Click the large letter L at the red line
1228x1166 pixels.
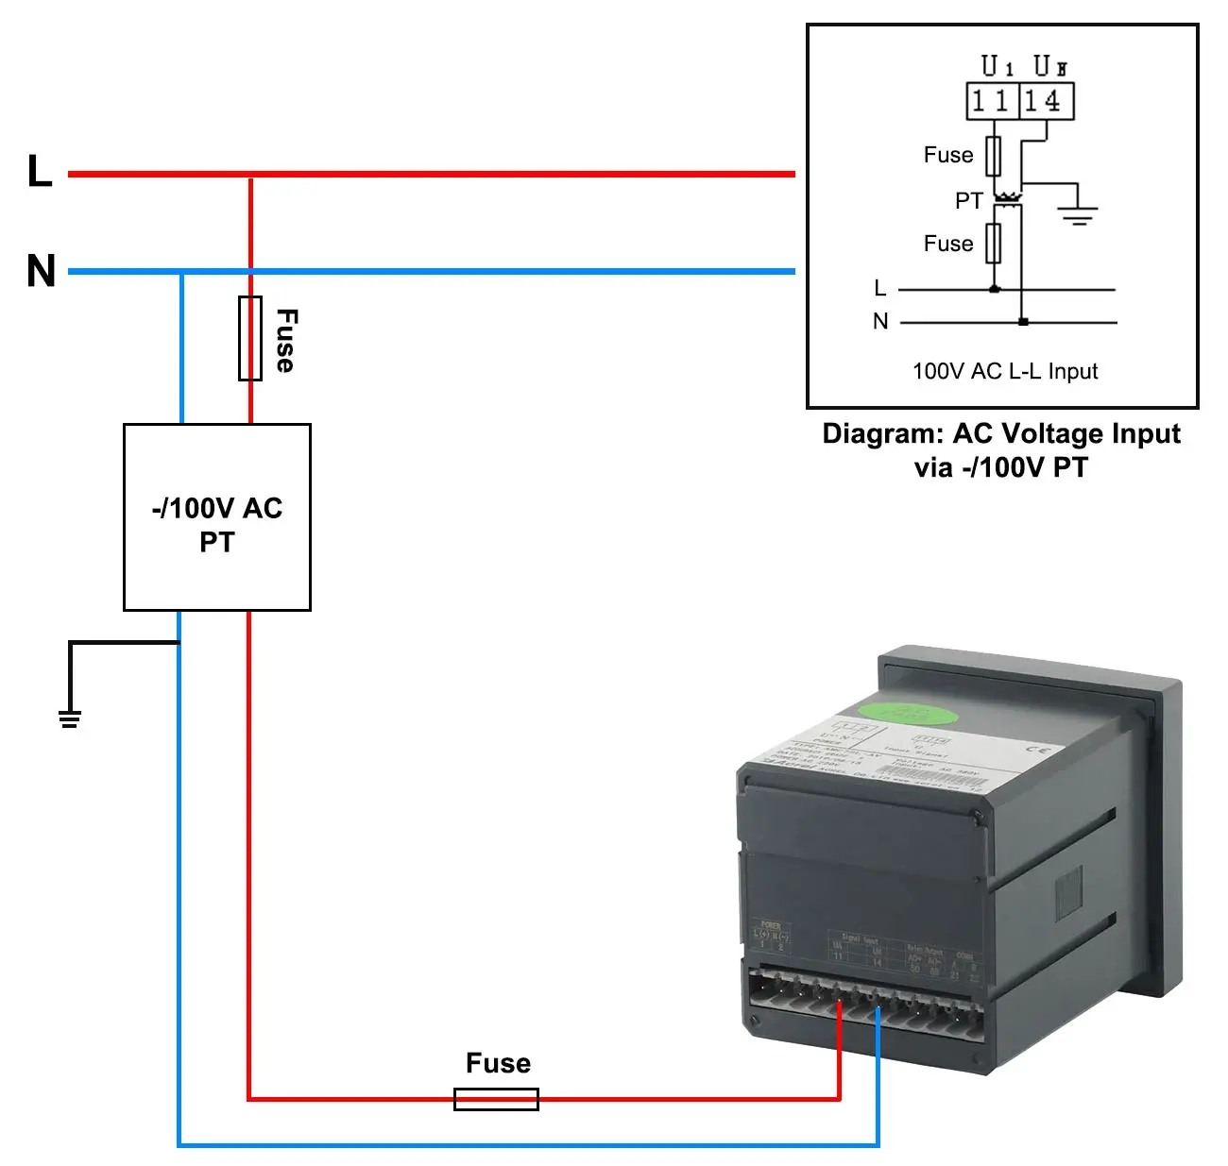coord(39,172)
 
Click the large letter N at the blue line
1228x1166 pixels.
coord(42,271)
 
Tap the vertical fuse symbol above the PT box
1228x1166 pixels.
coord(250,338)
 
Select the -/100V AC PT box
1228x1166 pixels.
coord(217,517)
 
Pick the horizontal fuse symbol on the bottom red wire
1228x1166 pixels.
coord(496,1099)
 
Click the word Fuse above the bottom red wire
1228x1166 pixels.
coord(498,1063)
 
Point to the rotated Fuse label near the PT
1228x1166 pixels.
coord(286,340)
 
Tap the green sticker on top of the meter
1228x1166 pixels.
coord(909,713)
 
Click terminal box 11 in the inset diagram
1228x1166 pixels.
coord(992,101)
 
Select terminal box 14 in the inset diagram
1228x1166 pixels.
coord(1046,101)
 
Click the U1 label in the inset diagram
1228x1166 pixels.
coord(997,66)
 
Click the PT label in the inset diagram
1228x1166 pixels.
coord(968,200)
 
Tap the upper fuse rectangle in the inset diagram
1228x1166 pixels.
coord(993,156)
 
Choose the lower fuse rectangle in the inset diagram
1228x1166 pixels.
coord(993,244)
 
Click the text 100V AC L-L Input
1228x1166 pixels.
coord(1005,371)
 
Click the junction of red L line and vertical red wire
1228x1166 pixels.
coord(250,175)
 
